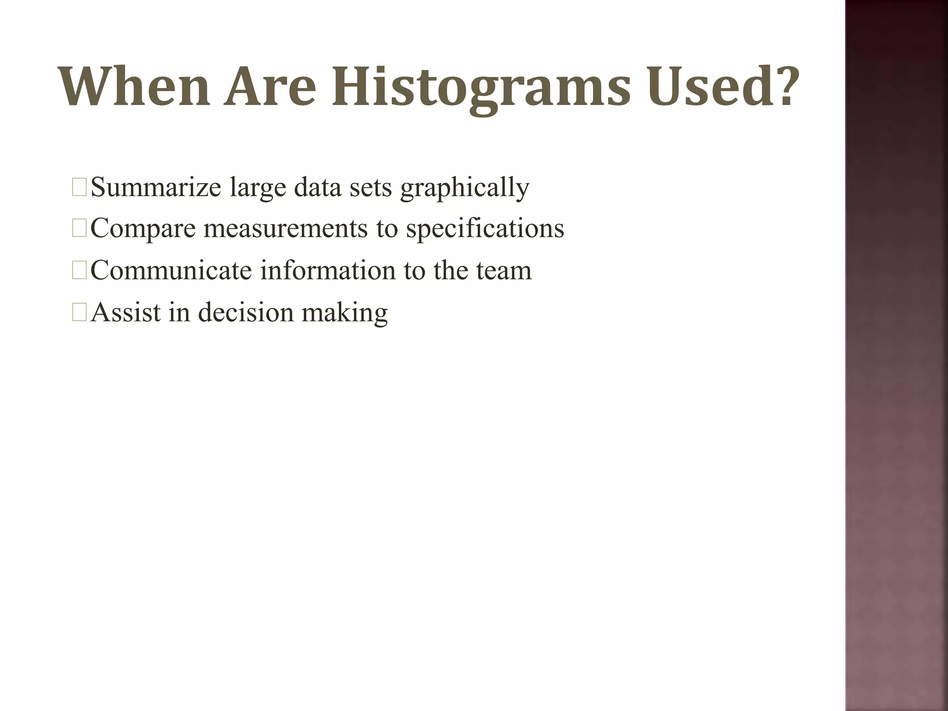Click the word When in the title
(x=135, y=87)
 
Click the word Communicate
(x=171, y=270)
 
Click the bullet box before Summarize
(x=79, y=188)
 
